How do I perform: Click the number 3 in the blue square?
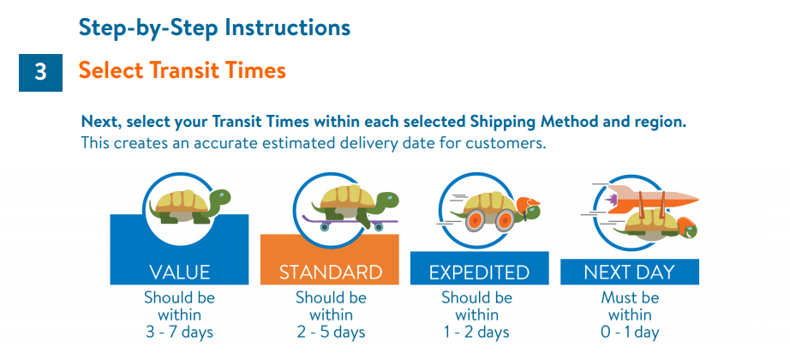tap(40, 73)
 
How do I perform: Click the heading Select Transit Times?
tap(183, 70)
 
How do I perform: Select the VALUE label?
tap(179, 273)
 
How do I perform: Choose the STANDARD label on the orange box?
tap(331, 273)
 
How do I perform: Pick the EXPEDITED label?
tap(479, 273)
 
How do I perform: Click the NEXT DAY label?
tap(629, 273)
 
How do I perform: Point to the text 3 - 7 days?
tap(179, 333)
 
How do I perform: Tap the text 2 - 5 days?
tap(331, 333)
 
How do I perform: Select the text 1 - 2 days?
tap(476, 333)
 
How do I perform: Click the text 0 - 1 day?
tap(630, 333)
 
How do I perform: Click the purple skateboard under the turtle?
tap(348, 222)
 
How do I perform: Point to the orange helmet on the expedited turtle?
tap(527, 205)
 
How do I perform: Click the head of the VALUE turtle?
tap(218, 198)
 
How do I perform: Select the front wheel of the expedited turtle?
tap(505, 219)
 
